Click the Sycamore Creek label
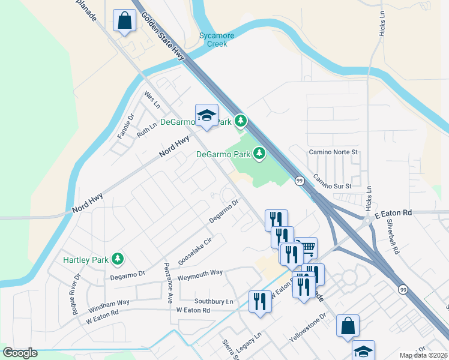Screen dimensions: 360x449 (217, 39)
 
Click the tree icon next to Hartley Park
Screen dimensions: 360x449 (119, 259)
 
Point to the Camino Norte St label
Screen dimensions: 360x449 (333, 152)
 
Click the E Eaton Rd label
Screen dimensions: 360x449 (393, 214)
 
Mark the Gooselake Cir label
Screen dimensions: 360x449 (196, 252)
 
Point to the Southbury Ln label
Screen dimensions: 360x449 (213, 301)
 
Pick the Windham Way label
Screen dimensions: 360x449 (109, 304)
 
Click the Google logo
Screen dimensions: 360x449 (20, 353)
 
